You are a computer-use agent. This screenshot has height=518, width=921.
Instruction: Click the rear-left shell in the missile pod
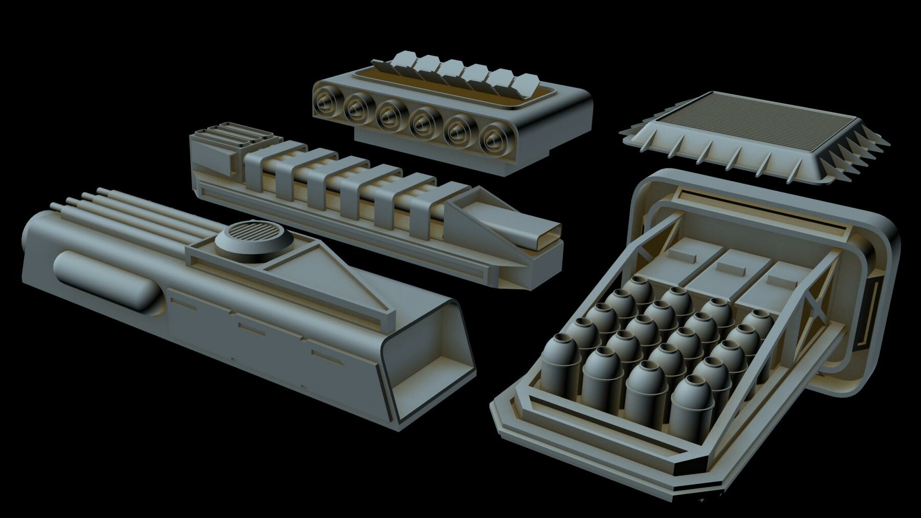coord(640,291)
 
